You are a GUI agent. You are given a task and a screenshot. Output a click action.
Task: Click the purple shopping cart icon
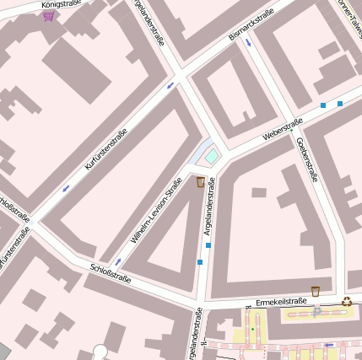49,15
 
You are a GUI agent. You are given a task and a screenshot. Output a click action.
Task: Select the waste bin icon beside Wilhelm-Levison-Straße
201,181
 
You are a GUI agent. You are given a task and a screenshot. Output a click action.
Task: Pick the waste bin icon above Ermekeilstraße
315,291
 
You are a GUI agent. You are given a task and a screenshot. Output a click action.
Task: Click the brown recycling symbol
347,301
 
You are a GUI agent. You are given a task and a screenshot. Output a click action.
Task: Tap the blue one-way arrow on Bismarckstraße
248,41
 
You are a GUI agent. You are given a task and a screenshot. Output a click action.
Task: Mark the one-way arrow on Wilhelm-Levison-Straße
118,262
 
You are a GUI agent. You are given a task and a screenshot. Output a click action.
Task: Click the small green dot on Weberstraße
292,131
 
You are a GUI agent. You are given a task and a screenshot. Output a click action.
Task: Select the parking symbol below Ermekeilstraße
316,312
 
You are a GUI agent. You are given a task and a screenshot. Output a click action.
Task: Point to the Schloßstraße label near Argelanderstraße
110,274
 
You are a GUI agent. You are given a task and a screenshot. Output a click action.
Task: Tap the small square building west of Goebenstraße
259,192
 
